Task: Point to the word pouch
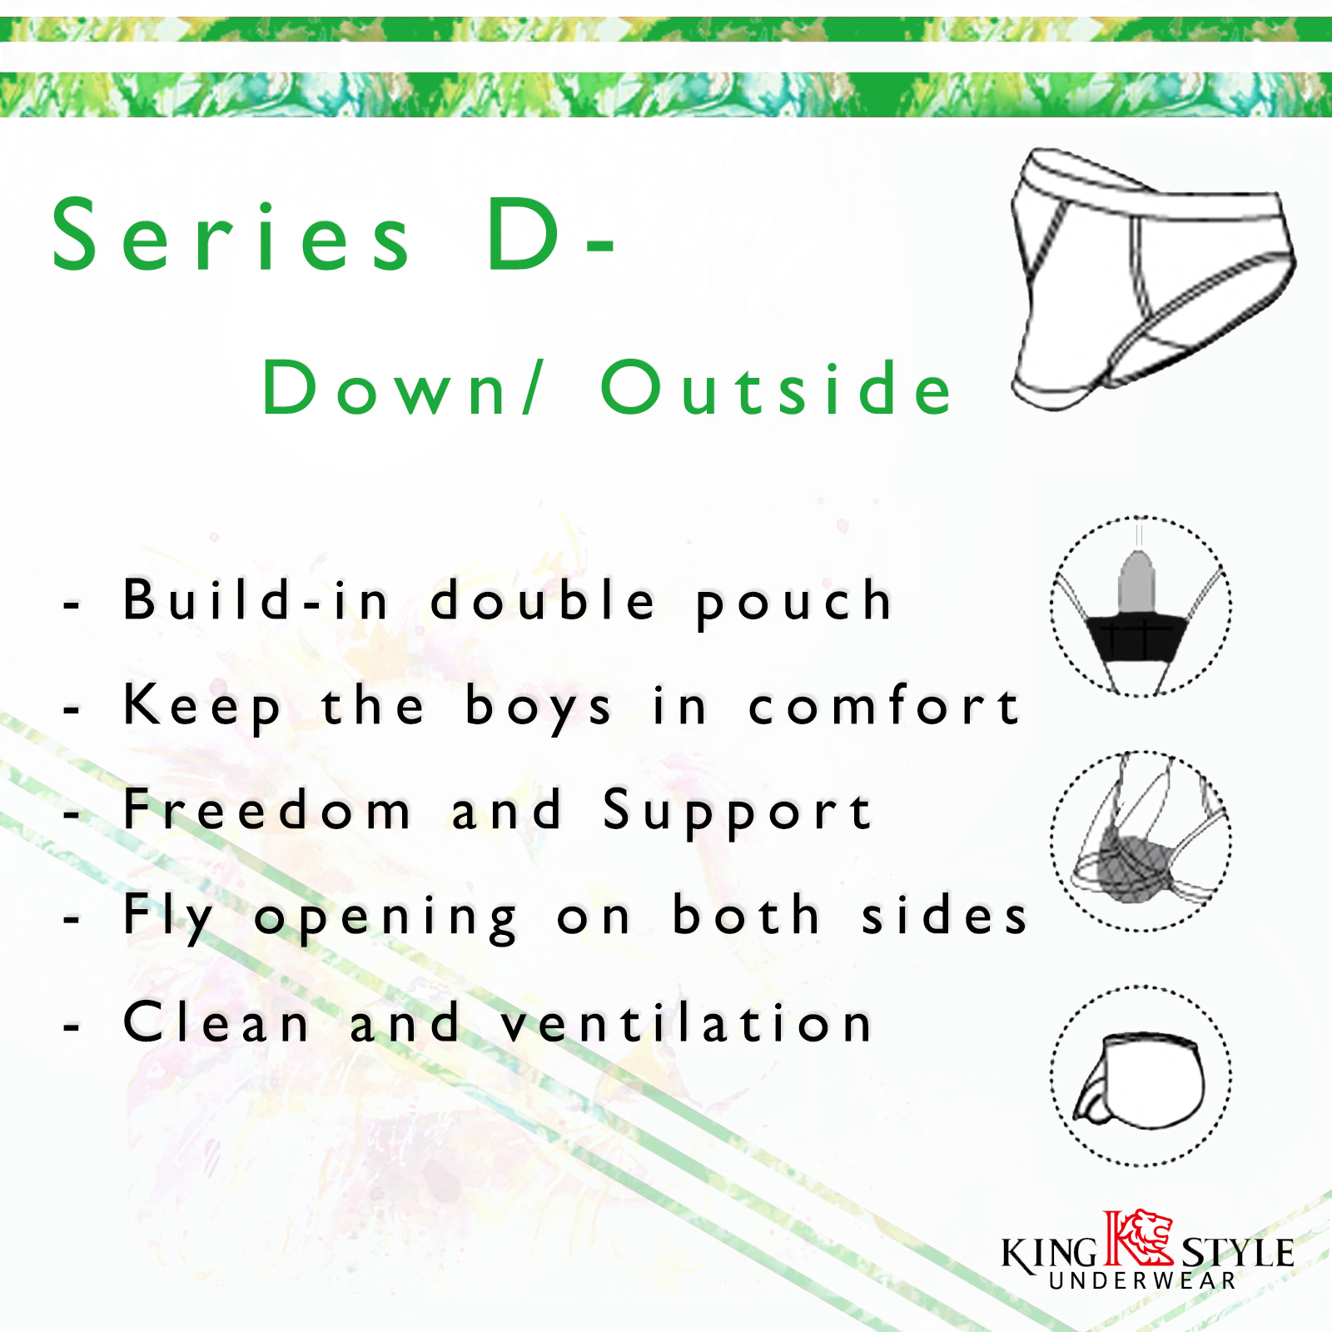(794, 603)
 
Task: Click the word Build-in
(256, 599)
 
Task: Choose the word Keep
(202, 708)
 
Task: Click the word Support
(738, 812)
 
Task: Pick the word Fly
(169, 917)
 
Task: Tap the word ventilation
(686, 1021)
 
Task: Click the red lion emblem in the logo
(1138, 1238)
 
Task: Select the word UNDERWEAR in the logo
(1142, 1280)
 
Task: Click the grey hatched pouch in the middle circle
(1133, 863)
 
